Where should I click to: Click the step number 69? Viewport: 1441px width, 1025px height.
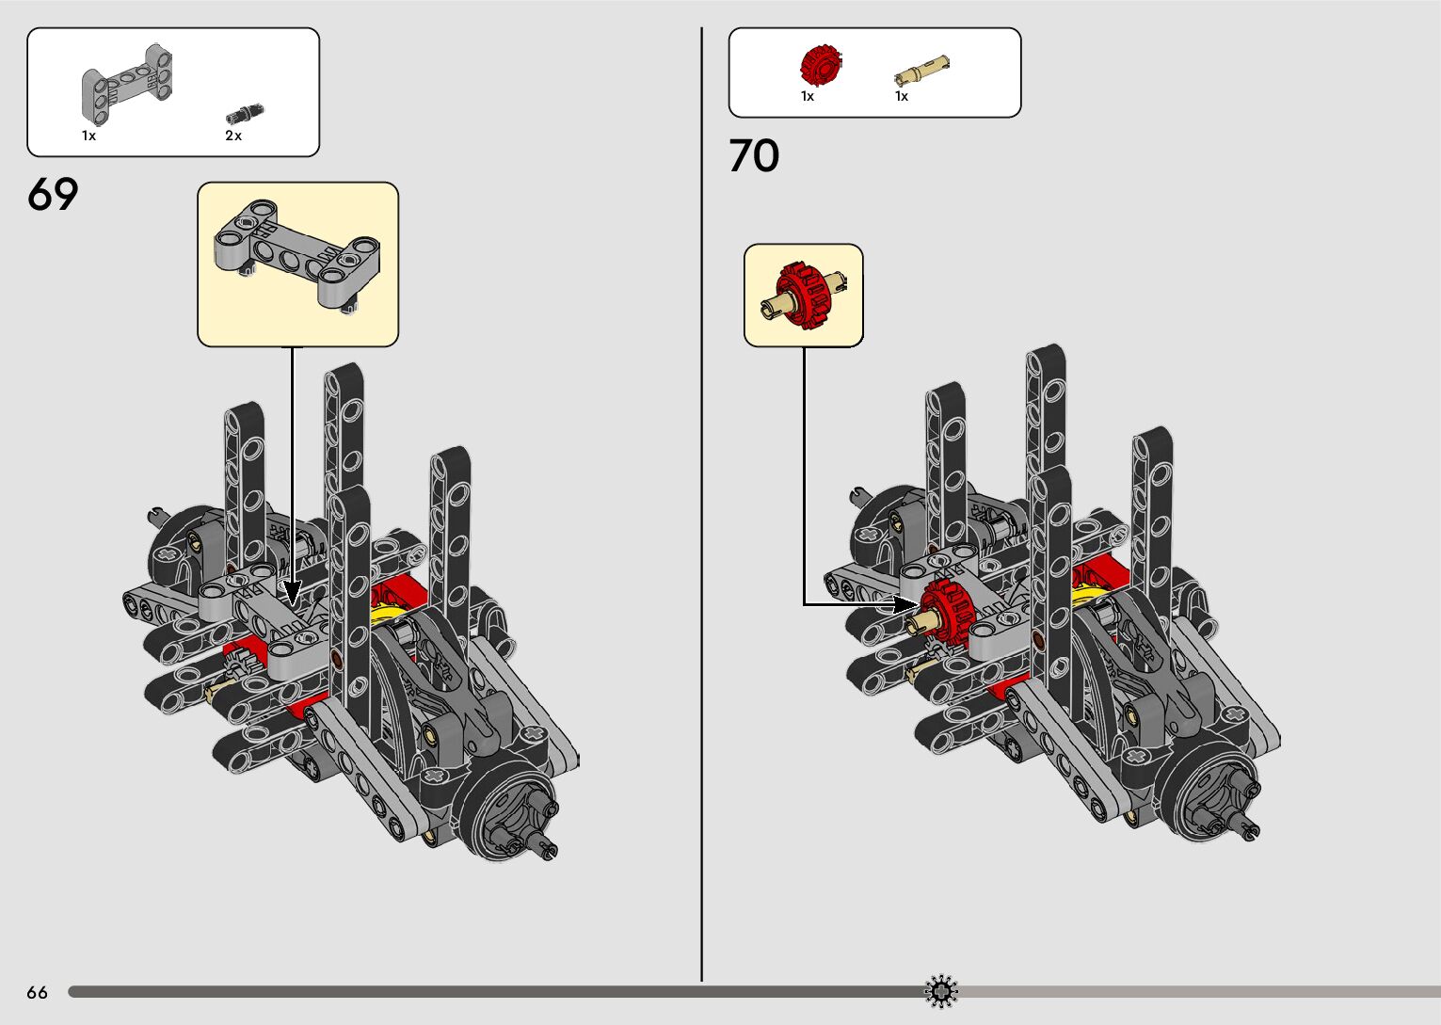[53, 195]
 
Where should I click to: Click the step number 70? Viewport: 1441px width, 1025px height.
[754, 156]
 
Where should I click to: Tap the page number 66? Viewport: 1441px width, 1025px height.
[37, 993]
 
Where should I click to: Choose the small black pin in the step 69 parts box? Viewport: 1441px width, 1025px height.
[244, 115]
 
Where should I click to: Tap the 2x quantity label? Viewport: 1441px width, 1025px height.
[233, 136]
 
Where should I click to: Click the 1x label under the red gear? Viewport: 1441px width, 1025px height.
[808, 97]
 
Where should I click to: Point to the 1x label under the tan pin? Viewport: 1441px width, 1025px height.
[902, 97]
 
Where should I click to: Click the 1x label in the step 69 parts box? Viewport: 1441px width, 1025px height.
[88, 136]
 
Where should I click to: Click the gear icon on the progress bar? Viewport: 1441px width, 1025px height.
[941, 991]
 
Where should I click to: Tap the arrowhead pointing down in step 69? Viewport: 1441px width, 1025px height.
[292, 594]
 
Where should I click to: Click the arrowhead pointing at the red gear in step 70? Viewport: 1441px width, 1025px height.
[905, 604]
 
